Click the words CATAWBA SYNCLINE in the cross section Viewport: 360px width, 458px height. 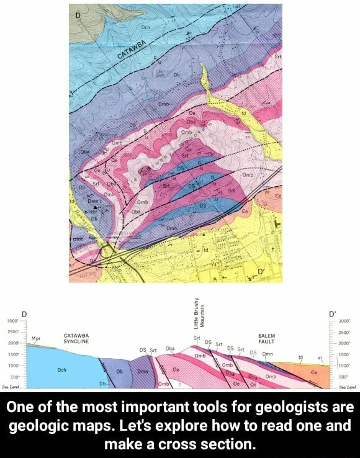(x=78, y=338)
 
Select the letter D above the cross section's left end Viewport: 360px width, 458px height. (x=24, y=314)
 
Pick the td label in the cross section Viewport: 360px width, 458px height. (x=301, y=357)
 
